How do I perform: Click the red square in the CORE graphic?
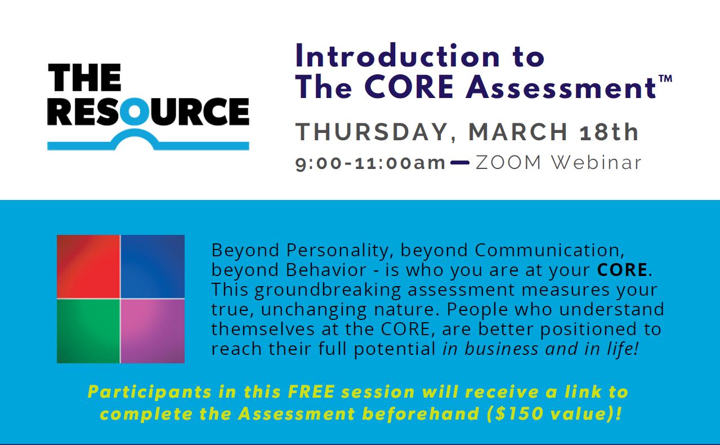pyautogui.click(x=88, y=266)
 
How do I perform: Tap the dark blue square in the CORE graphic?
pyautogui.click(x=153, y=266)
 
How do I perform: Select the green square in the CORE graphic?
pyautogui.click(x=88, y=331)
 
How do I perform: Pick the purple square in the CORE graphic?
pyautogui.click(x=153, y=331)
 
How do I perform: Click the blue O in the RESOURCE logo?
pyautogui.click(x=135, y=111)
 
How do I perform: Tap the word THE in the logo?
pyautogui.click(x=84, y=78)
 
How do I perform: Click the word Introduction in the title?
pyautogui.click(x=397, y=56)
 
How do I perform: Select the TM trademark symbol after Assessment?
pyautogui.click(x=665, y=79)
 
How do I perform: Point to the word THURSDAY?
pyautogui.click(x=372, y=132)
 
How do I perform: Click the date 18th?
pyautogui.click(x=609, y=132)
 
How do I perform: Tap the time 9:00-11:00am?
pyautogui.click(x=370, y=163)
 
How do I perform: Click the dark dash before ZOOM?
pyautogui.click(x=460, y=163)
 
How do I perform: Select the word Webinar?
pyautogui.click(x=597, y=162)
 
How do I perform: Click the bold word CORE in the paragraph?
pyautogui.click(x=622, y=270)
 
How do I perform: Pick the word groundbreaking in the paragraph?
pyautogui.click(x=328, y=290)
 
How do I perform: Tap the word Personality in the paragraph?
pyautogui.click(x=337, y=251)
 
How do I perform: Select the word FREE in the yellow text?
pyautogui.click(x=311, y=391)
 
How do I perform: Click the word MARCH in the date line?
pyautogui.click(x=518, y=132)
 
